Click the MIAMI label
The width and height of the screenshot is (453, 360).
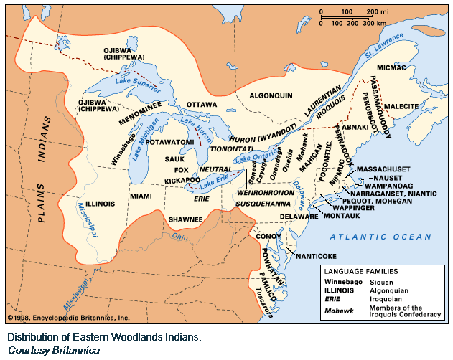(x=141, y=195)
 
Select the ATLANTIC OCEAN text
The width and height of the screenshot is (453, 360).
(x=380, y=237)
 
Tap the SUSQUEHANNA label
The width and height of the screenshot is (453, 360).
(x=269, y=204)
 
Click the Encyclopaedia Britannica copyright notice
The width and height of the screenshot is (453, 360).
(x=68, y=317)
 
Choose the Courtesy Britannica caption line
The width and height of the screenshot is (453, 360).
(x=49, y=349)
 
